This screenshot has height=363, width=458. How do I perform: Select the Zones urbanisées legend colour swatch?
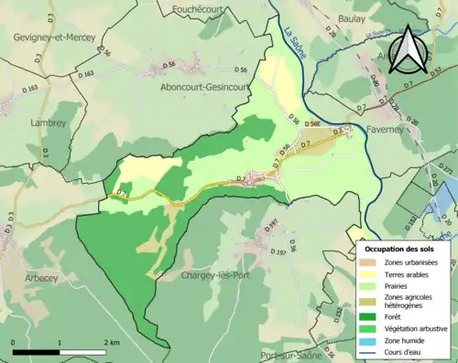[371, 262]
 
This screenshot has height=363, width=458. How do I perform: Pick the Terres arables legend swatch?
[371, 273]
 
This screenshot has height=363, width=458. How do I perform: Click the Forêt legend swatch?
[371, 316]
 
